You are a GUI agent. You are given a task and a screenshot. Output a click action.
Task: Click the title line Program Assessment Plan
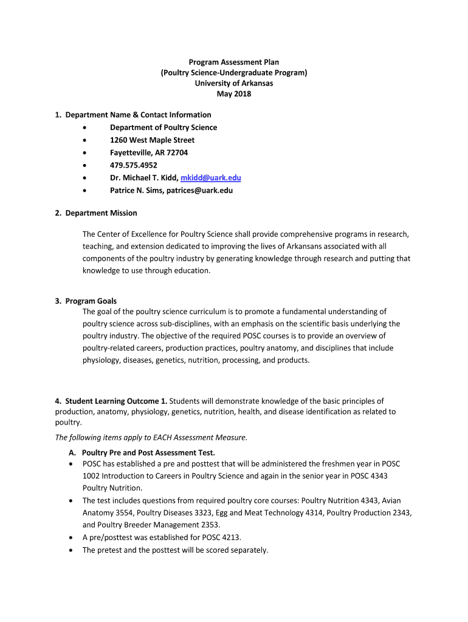(x=234, y=62)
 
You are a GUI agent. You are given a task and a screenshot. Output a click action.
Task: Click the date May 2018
(x=234, y=94)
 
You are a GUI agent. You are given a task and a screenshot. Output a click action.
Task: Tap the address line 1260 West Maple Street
(x=152, y=140)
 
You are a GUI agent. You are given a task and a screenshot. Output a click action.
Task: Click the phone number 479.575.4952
(x=132, y=165)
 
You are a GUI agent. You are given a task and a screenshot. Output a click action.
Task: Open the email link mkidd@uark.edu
(x=211, y=178)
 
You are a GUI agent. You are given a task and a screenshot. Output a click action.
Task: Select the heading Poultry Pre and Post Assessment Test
(x=148, y=453)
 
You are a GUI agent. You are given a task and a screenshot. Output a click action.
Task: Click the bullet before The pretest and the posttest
(x=72, y=550)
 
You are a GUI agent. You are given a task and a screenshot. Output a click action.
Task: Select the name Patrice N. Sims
(x=137, y=190)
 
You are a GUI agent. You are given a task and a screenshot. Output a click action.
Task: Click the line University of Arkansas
(x=234, y=83)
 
